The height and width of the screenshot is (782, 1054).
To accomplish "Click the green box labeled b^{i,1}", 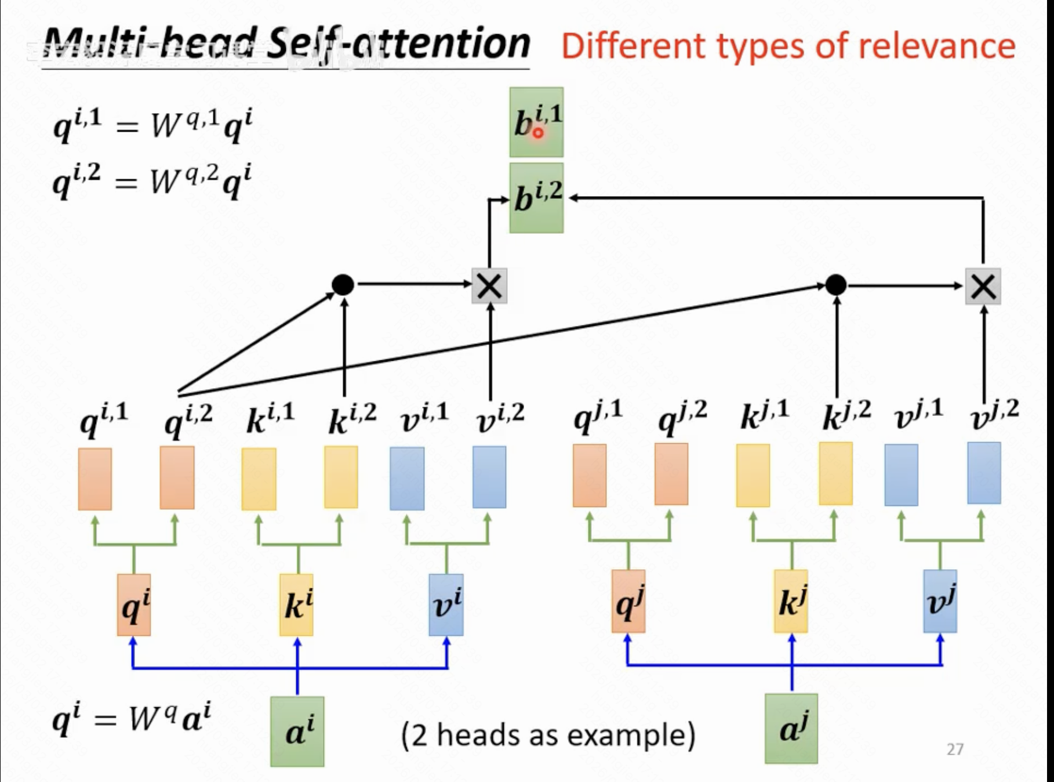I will click(536, 122).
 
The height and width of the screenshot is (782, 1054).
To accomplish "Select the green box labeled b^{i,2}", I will click(536, 198).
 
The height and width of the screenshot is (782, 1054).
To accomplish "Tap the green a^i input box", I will click(297, 731).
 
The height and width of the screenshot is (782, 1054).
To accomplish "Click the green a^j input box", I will click(791, 729).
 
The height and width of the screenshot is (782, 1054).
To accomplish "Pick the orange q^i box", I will click(134, 605).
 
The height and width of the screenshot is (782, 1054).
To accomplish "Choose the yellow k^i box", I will click(297, 605).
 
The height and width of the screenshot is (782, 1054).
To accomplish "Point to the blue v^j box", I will click(940, 602).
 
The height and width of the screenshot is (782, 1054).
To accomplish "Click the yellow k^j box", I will click(791, 602).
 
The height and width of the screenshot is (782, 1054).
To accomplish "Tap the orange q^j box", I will click(628, 602).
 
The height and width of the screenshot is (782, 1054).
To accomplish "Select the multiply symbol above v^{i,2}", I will click(489, 286).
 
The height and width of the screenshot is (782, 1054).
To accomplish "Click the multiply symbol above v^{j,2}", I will click(983, 286).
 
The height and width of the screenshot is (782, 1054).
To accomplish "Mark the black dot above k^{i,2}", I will click(343, 284).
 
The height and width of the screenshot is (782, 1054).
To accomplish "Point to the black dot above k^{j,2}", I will click(836, 285).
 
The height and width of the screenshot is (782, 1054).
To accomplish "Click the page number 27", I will click(955, 750).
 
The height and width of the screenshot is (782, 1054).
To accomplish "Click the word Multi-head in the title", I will click(151, 44).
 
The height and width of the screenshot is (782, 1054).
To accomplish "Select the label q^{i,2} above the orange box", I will click(188, 419).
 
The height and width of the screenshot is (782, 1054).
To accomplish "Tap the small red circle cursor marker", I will click(538, 133).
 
